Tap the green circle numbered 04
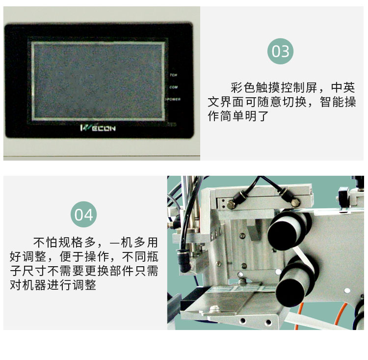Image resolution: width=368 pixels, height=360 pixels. click(83, 215)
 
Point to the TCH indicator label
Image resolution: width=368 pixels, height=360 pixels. click(173, 75)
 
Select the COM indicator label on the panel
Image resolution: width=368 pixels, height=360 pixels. click(173, 87)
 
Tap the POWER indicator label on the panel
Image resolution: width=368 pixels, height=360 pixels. click(173, 99)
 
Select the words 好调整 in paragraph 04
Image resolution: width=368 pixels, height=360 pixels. click(26, 256)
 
